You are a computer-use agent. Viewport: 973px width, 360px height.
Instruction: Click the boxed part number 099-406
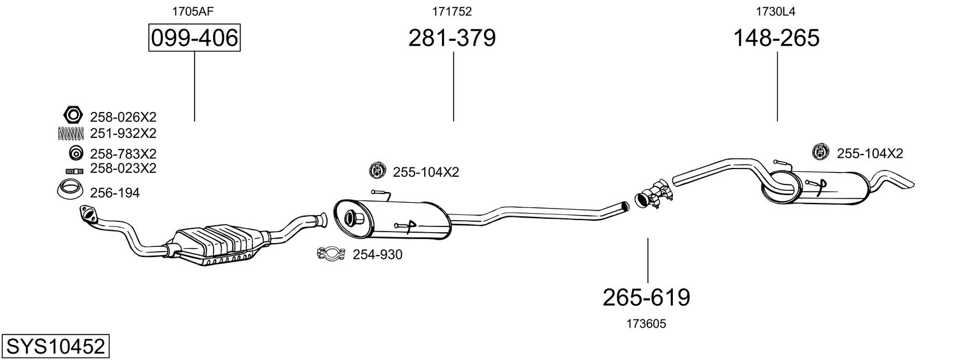pos(194,38)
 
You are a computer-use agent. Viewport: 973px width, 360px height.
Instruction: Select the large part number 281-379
pos(452,38)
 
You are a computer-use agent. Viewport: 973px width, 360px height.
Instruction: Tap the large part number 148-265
pos(776,38)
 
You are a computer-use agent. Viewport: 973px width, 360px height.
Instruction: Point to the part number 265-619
pos(646,298)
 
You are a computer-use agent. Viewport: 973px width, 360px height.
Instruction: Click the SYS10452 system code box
pos(55,347)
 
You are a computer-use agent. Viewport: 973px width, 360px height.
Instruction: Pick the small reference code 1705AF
pos(193,11)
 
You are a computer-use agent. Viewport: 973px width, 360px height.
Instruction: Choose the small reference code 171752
pos(452,11)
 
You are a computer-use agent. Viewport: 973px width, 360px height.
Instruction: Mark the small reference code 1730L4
pos(775,11)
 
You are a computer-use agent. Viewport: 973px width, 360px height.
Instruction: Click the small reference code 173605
pos(646,324)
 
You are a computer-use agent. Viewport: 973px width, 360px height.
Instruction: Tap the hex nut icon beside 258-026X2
pos(73,115)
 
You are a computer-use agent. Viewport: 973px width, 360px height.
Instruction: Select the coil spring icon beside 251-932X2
pos(71,134)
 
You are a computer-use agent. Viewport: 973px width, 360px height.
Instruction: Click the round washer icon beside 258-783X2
pos(76,153)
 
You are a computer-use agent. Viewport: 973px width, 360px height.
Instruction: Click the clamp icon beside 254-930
pos(331,254)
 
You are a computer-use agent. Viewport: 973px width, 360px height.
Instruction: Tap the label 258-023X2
pos(123,168)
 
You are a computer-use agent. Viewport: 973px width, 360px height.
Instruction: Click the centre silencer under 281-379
pos(392,219)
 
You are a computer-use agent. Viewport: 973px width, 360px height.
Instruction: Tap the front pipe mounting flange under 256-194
pos(88,214)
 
